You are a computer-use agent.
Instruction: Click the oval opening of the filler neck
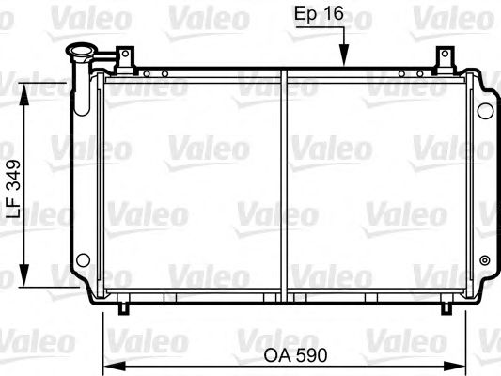coord(79,54)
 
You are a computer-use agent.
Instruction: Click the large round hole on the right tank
coord(484,110)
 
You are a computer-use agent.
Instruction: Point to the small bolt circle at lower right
coord(484,260)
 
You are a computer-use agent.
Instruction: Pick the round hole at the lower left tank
coord(83,258)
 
